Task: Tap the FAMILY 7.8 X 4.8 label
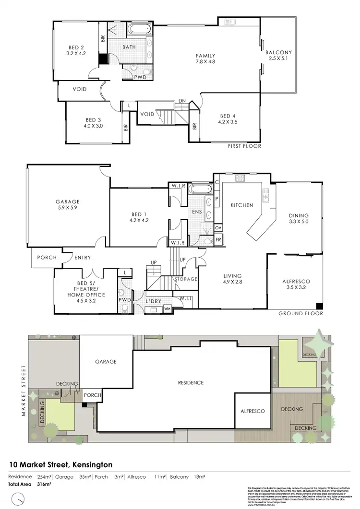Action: pos(205,59)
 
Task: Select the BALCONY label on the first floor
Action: pos(279,56)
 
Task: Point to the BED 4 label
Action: pos(228,119)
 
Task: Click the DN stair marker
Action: pos(182,100)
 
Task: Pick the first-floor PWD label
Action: pos(141,77)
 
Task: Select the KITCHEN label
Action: pos(242,205)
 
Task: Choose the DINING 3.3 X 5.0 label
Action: pos(299,219)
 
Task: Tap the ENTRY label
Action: pos(83,258)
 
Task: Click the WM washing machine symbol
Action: pos(167,308)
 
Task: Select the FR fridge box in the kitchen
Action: pos(218,239)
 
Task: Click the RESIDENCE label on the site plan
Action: pos(191,383)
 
